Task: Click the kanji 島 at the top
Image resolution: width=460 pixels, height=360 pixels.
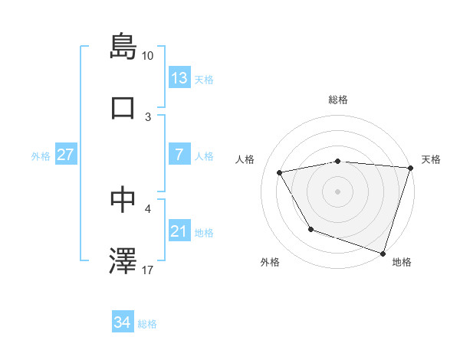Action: (123, 46)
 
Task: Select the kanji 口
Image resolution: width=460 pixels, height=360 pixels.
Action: (123, 108)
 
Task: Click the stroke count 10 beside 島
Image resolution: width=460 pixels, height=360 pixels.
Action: (148, 56)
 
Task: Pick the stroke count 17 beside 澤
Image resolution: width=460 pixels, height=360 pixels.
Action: (148, 270)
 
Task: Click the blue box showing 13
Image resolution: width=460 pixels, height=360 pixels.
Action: (179, 77)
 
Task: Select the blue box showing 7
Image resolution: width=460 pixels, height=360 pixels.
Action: (179, 155)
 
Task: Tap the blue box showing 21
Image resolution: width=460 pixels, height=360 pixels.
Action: (179, 231)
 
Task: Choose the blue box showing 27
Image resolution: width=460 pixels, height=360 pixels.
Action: (65, 155)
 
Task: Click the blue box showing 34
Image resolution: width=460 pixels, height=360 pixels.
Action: (122, 322)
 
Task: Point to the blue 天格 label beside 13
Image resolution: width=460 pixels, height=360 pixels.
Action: (204, 80)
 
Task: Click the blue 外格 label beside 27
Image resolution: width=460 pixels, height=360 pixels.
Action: (41, 156)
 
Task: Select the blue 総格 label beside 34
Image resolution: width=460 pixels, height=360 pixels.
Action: (147, 324)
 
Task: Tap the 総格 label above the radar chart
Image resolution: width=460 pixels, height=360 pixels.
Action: (337, 100)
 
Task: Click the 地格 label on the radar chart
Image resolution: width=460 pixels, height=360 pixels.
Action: (402, 263)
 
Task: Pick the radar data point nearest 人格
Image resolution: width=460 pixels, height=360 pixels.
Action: (280, 173)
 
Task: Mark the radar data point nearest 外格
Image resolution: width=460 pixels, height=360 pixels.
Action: (310, 229)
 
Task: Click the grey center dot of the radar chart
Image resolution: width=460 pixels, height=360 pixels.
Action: (337, 191)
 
